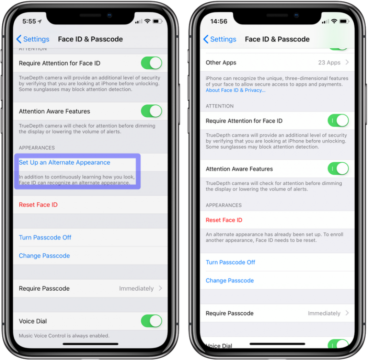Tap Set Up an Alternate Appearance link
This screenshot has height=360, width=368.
(x=64, y=162)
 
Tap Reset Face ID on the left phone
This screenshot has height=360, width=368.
(x=38, y=205)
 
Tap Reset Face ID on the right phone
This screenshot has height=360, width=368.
(x=224, y=220)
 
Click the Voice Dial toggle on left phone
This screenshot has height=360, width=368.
(x=151, y=321)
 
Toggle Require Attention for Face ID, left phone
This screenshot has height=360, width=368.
(x=151, y=63)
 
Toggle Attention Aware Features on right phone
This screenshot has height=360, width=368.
(x=338, y=169)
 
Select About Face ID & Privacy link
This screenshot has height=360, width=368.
(x=236, y=90)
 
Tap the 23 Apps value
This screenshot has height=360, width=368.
(x=329, y=63)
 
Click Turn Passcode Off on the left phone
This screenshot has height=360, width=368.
(x=45, y=237)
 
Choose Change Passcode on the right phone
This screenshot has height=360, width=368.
(x=230, y=280)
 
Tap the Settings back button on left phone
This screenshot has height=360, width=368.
(x=33, y=39)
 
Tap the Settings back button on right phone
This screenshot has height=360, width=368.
(x=220, y=39)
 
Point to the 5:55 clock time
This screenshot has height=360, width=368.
(x=29, y=21)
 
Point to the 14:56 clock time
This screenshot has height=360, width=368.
(x=219, y=21)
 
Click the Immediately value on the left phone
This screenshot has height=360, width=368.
(x=136, y=288)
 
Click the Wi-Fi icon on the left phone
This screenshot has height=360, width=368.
(x=147, y=21)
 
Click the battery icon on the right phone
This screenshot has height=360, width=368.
(x=344, y=21)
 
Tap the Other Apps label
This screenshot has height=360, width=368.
(x=221, y=63)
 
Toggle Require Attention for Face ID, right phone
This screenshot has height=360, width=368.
(x=338, y=120)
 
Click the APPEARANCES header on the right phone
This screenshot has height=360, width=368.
(x=224, y=205)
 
